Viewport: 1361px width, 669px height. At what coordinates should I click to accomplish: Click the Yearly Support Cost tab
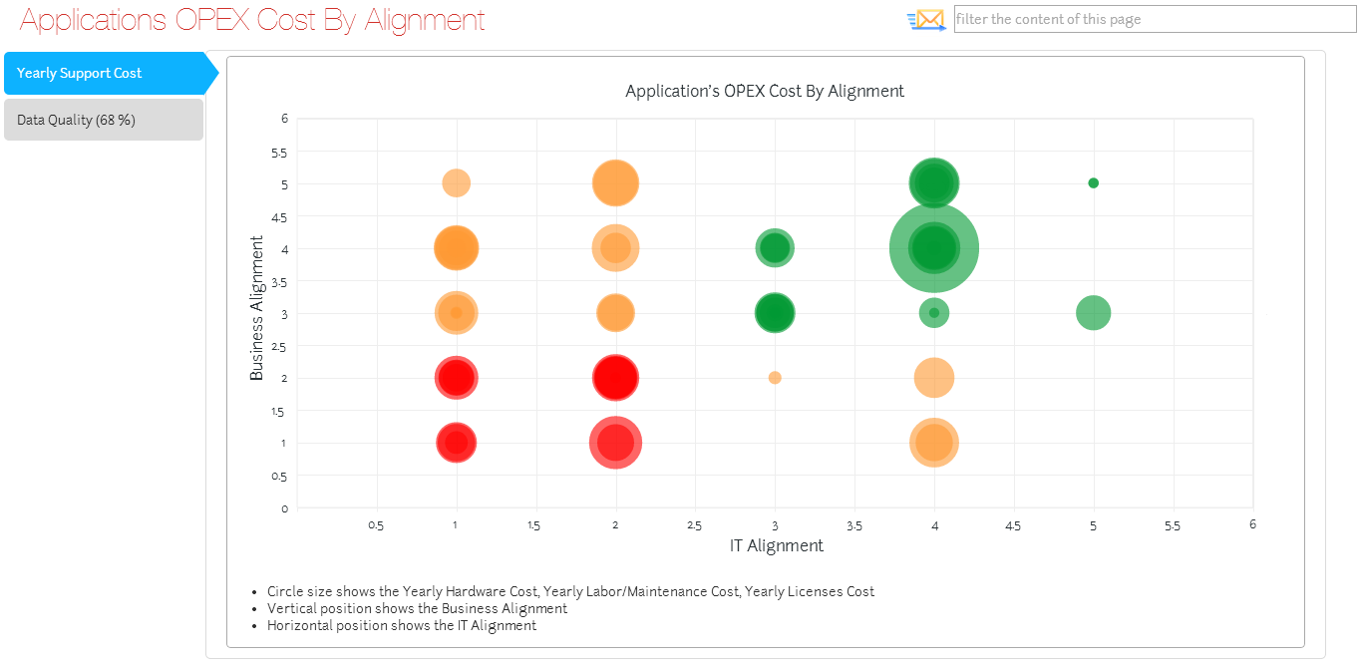(x=104, y=73)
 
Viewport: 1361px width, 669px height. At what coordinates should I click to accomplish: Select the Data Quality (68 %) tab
(x=104, y=120)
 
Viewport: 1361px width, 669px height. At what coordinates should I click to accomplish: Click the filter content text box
(x=1154, y=19)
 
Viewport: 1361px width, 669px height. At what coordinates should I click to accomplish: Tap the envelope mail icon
(x=927, y=19)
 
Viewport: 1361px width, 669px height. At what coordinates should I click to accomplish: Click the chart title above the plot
(x=765, y=91)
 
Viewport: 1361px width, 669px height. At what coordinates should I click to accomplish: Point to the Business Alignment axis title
(x=257, y=308)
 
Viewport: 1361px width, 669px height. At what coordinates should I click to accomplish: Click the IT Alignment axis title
(x=777, y=545)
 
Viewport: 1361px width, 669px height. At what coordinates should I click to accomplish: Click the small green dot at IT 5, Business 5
(x=1093, y=183)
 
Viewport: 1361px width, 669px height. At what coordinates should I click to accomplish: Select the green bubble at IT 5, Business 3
(x=1093, y=313)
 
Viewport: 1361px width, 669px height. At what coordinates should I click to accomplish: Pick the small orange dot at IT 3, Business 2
(x=775, y=378)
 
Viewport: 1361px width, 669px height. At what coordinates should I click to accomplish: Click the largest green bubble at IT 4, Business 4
(x=934, y=247)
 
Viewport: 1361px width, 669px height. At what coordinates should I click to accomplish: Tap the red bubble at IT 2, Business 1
(x=615, y=443)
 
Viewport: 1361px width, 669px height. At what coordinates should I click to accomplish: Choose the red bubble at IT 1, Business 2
(x=456, y=378)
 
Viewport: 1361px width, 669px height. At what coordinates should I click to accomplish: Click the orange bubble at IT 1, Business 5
(x=456, y=183)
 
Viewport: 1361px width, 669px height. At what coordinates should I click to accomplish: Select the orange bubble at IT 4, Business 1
(x=934, y=443)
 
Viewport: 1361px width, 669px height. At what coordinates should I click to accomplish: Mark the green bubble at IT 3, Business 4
(x=775, y=247)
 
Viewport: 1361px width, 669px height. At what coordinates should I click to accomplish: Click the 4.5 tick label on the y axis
(x=279, y=217)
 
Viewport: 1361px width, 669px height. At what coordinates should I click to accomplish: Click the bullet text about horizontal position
(x=402, y=626)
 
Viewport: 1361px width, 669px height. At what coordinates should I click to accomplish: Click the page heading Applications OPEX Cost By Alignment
(x=252, y=20)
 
